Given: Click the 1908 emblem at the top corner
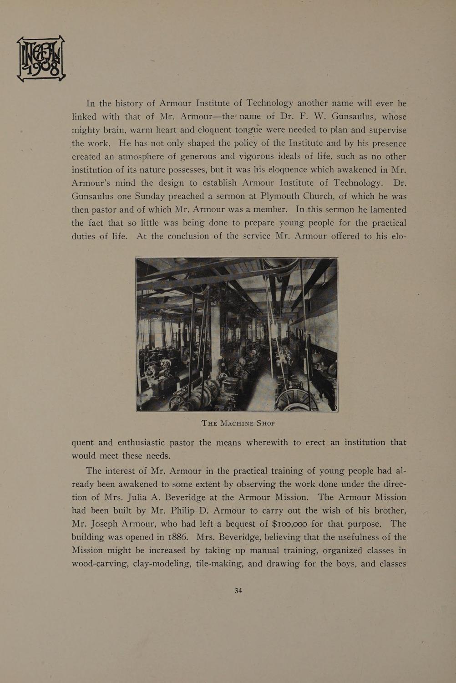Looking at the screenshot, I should pyautogui.click(x=41, y=59).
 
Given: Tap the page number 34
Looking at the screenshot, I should pyautogui.click(x=238, y=591).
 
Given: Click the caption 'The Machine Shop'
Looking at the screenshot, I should pyautogui.click(x=238, y=423).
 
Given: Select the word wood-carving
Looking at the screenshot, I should pyautogui.click(x=99, y=564).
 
